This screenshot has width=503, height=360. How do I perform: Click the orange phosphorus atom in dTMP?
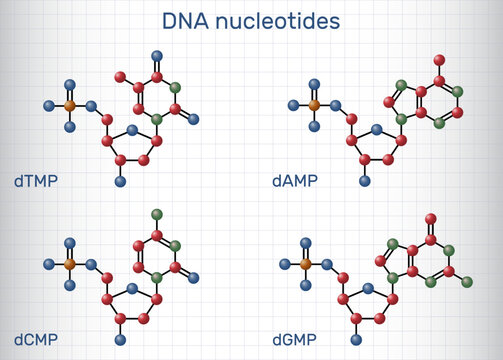click(70, 104)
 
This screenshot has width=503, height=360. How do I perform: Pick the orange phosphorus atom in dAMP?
click(314, 103)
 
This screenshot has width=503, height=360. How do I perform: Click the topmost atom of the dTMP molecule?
click(157, 55)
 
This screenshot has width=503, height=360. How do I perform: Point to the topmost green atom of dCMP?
click(157, 214)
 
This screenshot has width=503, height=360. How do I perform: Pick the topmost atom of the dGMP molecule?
click(431, 217)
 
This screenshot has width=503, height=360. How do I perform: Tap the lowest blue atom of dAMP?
click(365, 180)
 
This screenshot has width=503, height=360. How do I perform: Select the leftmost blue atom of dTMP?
click(48, 104)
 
